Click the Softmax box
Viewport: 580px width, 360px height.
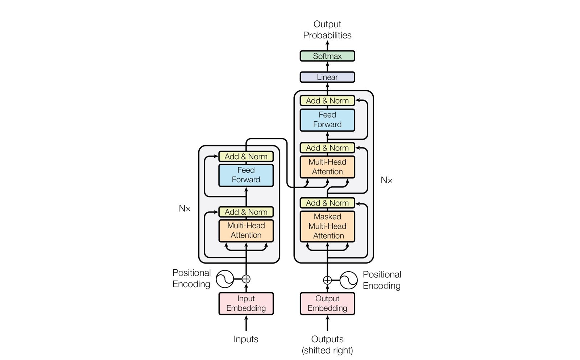327,56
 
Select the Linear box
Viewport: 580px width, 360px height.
327,77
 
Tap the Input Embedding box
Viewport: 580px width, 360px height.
246,303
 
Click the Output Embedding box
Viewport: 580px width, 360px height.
327,303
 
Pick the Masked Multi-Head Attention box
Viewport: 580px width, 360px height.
327,226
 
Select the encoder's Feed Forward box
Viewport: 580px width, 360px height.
246,175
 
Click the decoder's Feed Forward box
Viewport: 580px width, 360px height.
327,120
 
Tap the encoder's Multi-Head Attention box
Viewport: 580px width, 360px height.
246,231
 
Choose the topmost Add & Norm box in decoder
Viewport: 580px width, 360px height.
327,101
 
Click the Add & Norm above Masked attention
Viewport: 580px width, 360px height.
327,203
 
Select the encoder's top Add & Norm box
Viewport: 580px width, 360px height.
246,157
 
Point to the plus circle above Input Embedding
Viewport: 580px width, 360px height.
246,279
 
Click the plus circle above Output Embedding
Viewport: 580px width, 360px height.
327,280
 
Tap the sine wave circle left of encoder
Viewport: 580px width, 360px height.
225,279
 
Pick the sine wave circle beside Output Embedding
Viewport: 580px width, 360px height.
348,280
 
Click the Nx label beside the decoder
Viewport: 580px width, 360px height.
386,180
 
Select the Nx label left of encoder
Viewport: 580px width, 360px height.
185,208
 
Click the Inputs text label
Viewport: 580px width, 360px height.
246,339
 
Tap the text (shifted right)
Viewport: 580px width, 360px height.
327,351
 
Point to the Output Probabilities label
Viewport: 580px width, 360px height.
327,30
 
